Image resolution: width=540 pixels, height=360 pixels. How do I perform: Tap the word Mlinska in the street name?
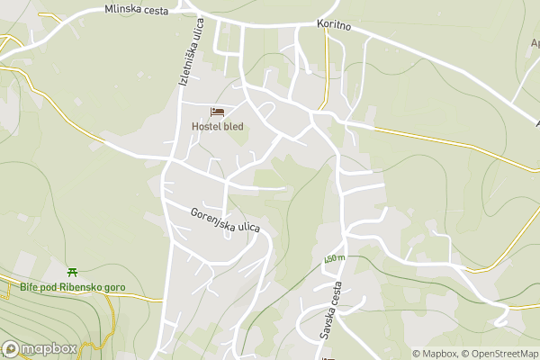click(x=121, y=9)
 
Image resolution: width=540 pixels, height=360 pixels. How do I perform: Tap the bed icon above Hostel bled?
click(x=218, y=112)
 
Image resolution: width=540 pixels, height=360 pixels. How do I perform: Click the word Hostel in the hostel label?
click(x=206, y=127)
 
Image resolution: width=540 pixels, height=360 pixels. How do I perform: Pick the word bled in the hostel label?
click(x=233, y=127)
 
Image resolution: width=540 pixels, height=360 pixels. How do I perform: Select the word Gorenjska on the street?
click(x=211, y=218)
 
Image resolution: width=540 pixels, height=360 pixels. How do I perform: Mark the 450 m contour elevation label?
click(x=335, y=259)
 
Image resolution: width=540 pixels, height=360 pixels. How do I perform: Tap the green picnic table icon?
click(x=72, y=272)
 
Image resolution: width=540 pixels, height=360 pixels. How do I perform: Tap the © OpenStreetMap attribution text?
click(x=499, y=354)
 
